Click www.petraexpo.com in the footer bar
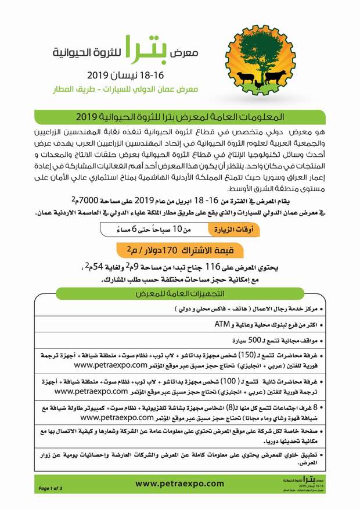coord(179,483)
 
